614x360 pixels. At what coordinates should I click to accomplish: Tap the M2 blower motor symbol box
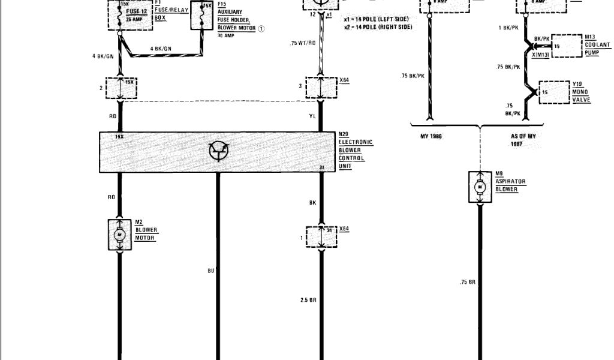[119, 234]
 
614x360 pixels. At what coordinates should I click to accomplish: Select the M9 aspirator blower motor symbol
[480, 187]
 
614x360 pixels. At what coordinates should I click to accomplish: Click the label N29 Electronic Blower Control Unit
[355, 151]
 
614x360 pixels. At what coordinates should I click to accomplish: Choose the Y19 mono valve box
[554, 92]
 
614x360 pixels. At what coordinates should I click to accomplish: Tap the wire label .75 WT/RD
[303, 43]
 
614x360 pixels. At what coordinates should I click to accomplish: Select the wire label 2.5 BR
[308, 299]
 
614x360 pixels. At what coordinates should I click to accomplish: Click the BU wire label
[211, 271]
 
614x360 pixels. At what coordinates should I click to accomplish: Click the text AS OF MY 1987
[523, 140]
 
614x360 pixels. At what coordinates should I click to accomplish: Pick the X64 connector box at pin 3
[322, 87]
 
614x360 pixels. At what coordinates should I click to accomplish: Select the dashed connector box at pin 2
[121, 88]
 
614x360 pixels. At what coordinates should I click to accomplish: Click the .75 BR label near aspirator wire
[468, 281]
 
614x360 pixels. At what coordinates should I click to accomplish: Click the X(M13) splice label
[541, 55]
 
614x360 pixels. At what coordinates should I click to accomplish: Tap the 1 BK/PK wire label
[508, 28]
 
